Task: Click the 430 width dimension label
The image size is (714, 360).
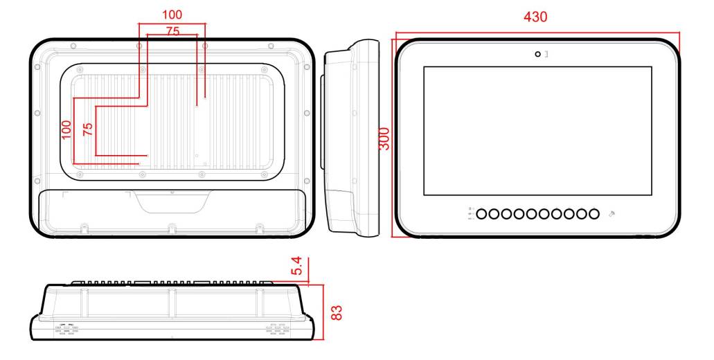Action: [x=535, y=17]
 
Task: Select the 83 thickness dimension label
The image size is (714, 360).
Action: [x=337, y=312]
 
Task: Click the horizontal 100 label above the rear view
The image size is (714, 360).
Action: [x=172, y=15]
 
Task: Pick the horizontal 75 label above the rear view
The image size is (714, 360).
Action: [x=172, y=30]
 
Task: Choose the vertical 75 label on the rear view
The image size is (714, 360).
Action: [x=87, y=129]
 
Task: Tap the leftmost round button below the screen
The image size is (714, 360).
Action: [x=483, y=214]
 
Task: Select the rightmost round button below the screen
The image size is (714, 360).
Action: [x=593, y=214]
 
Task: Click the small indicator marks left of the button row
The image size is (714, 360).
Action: [x=470, y=214]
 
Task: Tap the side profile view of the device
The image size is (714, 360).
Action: [x=352, y=138]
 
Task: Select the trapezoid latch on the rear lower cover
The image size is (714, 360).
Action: [x=172, y=202]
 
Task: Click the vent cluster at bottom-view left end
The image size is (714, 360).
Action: [x=66, y=330]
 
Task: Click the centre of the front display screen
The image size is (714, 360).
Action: [x=537, y=131]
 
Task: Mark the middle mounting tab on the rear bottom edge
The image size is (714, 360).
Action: [x=171, y=227]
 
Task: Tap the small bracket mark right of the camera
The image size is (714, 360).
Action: [x=546, y=54]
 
